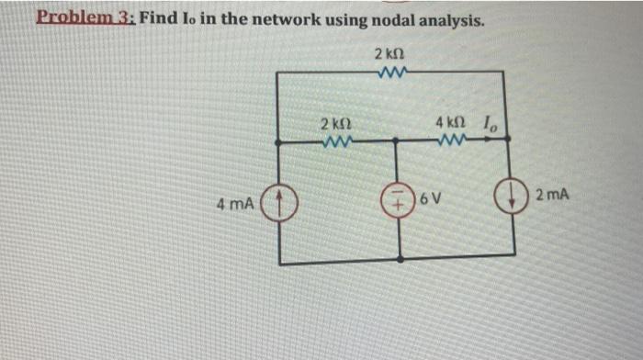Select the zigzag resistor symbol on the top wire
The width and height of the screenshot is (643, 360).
[x=391, y=70]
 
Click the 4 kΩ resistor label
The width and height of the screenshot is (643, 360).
[x=451, y=122]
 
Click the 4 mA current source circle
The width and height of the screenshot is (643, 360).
[x=279, y=199]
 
